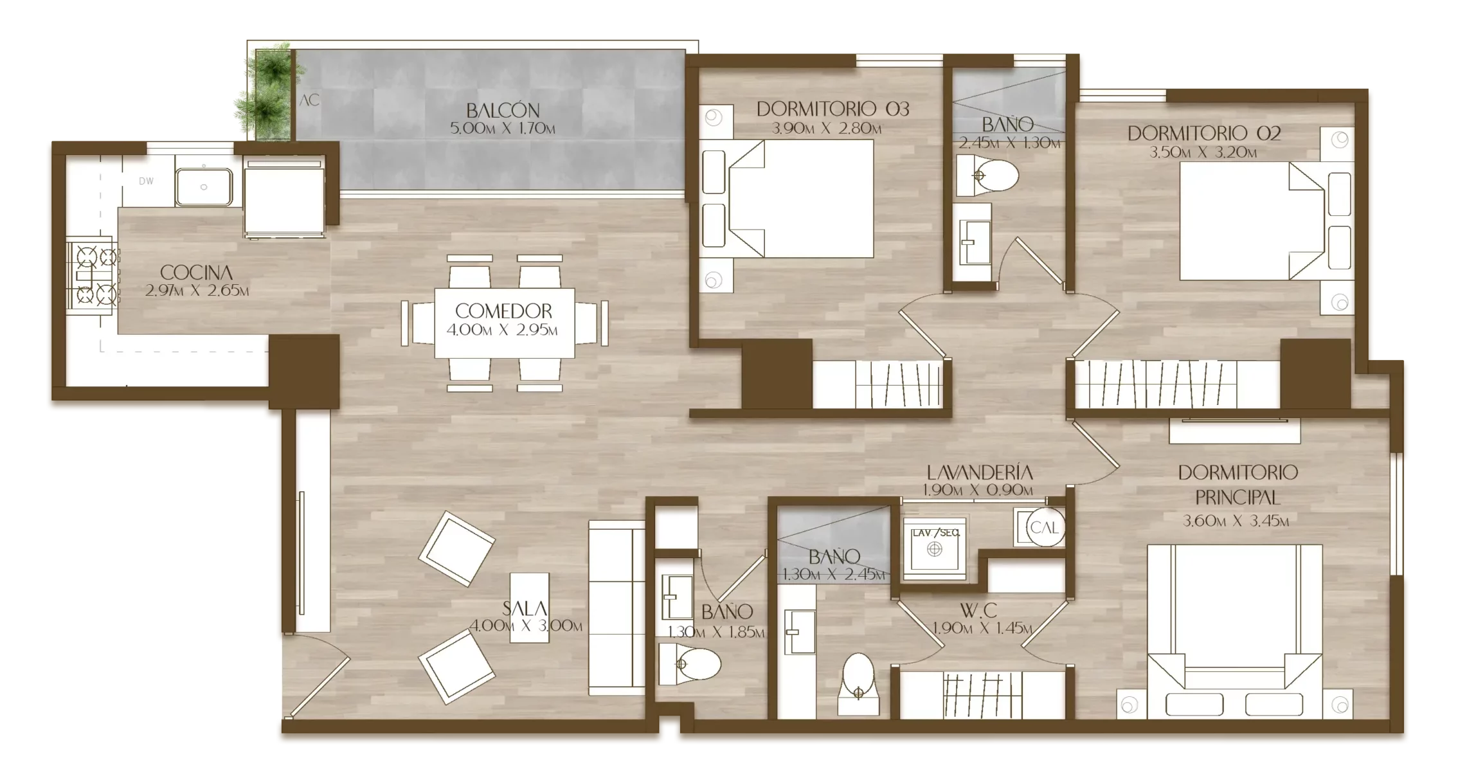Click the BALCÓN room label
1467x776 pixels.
(x=503, y=110)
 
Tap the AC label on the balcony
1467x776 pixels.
(x=309, y=100)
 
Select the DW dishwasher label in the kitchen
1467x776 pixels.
(x=147, y=181)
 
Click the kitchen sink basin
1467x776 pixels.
(x=204, y=186)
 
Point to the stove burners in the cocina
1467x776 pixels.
(x=93, y=276)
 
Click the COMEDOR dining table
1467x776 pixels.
(x=505, y=323)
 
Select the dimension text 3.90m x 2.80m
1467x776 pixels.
(x=826, y=129)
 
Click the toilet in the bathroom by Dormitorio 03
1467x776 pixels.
(x=987, y=176)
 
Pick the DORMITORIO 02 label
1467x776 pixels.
(x=1203, y=133)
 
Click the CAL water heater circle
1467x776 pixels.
(x=1044, y=528)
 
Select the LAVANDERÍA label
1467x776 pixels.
(x=978, y=473)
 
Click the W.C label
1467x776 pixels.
(x=978, y=610)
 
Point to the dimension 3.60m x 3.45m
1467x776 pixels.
(x=1236, y=521)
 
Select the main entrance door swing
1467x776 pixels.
(x=318, y=674)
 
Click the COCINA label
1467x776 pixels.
(x=196, y=273)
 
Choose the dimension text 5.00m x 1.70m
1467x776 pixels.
(x=503, y=129)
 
